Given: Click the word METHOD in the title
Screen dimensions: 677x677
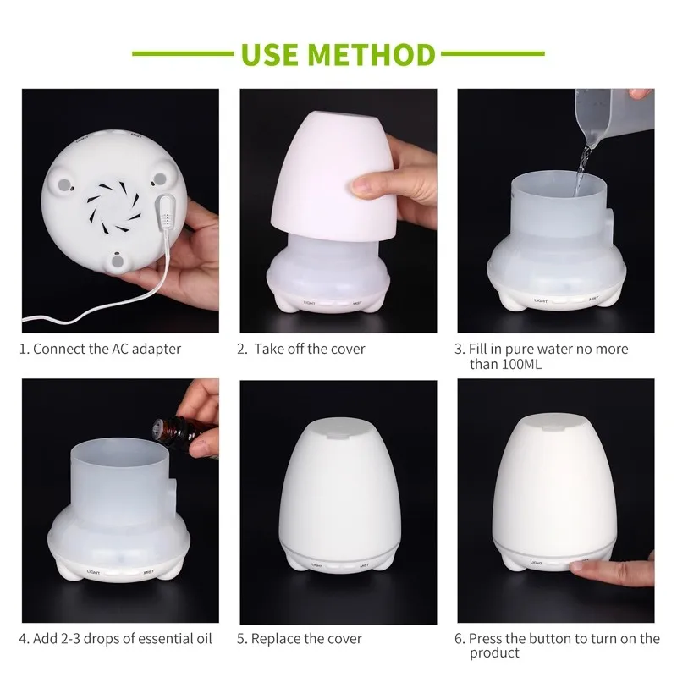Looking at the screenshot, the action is point(371,54).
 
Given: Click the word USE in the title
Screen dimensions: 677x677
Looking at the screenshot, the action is point(270,54).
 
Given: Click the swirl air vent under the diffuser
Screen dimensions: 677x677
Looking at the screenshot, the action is point(114,207).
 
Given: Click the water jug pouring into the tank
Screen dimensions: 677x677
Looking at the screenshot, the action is point(615,114).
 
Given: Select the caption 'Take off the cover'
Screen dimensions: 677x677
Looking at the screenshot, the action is point(310,349).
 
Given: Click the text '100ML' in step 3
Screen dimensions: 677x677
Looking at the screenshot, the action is point(521,365).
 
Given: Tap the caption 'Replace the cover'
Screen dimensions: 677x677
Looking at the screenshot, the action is point(306,639).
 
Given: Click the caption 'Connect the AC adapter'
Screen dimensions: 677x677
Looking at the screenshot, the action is point(107,349).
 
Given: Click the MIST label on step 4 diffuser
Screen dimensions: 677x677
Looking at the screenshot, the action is point(149,572).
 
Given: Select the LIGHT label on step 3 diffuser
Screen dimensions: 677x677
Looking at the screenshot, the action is point(541,300).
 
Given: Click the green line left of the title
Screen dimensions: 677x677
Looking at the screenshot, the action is point(183,54).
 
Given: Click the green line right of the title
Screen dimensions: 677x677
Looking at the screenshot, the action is point(493,54).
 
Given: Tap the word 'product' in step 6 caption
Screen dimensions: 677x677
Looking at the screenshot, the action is point(494,652).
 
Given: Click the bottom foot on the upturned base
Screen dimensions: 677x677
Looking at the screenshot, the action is point(117,261).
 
